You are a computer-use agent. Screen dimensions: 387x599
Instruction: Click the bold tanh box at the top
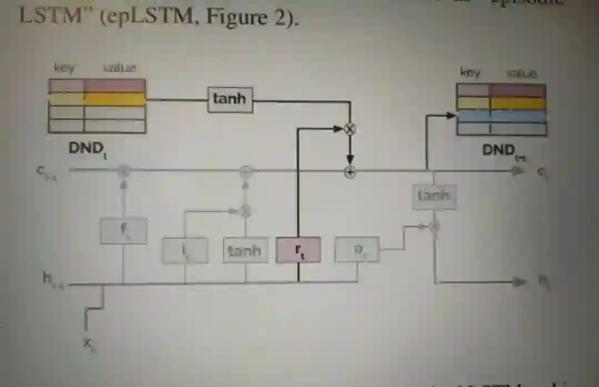(x=230, y=100)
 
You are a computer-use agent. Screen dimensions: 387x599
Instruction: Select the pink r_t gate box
(x=298, y=251)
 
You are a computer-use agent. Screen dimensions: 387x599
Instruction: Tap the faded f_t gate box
(x=124, y=230)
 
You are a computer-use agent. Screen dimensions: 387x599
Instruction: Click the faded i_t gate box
(x=185, y=250)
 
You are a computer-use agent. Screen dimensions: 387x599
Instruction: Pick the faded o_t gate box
(x=357, y=250)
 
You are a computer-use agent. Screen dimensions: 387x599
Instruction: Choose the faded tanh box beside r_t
(x=244, y=250)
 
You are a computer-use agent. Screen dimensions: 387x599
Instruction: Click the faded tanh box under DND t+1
(x=434, y=196)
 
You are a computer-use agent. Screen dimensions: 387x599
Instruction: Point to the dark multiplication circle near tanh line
(x=350, y=129)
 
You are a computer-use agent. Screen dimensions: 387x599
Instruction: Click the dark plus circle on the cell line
(x=350, y=172)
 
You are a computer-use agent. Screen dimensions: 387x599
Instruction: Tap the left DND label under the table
(x=87, y=148)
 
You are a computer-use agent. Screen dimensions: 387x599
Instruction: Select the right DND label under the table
(x=499, y=150)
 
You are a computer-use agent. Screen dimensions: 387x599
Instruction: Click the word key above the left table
(x=64, y=68)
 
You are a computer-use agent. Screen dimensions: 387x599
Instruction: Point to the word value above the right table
(x=521, y=73)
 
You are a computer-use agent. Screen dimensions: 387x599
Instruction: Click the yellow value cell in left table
(x=115, y=99)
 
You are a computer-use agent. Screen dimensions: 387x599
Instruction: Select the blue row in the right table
(x=501, y=116)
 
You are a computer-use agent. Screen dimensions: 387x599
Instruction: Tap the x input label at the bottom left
(x=88, y=343)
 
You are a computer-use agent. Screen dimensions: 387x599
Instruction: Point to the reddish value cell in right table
(x=517, y=90)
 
